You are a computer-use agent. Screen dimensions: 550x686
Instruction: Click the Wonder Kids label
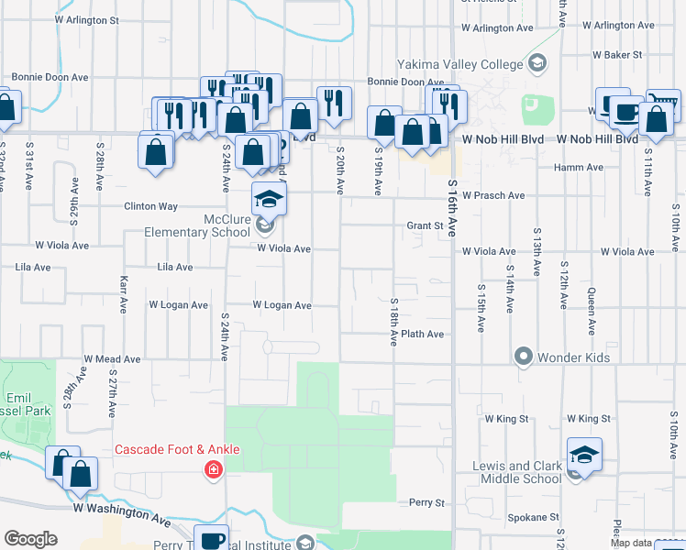click(573, 356)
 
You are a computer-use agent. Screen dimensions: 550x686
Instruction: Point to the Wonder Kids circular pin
click(524, 356)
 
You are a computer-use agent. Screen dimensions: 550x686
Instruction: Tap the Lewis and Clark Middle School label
click(516, 472)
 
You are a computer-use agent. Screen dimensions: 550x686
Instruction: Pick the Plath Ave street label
click(422, 335)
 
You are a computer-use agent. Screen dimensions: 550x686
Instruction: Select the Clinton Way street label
click(151, 206)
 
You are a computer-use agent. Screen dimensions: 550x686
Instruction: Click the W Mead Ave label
click(112, 359)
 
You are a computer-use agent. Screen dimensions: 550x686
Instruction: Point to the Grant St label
click(425, 225)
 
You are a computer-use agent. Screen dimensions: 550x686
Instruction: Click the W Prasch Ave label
click(493, 195)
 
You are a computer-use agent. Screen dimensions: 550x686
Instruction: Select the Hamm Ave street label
click(583, 168)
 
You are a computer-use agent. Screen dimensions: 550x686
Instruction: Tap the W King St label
click(507, 419)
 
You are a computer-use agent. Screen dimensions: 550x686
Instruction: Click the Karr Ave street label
click(121, 291)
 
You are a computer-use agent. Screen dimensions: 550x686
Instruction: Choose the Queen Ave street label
click(592, 310)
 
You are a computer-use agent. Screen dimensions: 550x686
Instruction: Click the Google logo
click(30, 539)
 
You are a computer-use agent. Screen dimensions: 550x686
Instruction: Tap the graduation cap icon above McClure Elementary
click(269, 198)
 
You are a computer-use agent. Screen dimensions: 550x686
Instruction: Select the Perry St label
click(426, 503)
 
